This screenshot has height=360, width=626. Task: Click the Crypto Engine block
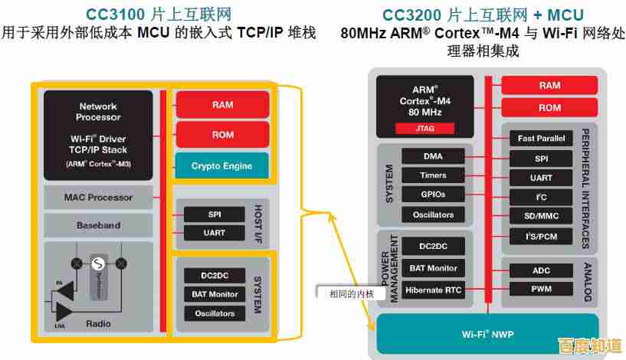221,166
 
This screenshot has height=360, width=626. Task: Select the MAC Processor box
99,198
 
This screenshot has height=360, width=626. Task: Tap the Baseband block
99,226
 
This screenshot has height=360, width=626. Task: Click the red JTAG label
424,129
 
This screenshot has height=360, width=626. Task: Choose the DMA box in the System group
433,156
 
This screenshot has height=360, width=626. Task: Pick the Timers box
433,175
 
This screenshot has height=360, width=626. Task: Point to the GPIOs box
433,195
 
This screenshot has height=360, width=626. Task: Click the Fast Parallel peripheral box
541,139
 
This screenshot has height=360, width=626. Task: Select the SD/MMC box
541,217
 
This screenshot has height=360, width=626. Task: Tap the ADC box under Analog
541,270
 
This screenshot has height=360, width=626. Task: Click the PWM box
541,290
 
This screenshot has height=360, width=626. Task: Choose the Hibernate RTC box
433,290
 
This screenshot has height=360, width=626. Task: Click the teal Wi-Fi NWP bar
486,335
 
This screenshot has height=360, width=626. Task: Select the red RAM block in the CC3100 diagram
222,105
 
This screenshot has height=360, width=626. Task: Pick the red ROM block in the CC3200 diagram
549,108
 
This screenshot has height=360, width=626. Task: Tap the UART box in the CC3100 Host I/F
215,233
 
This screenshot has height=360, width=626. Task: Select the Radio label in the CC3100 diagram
99,324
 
